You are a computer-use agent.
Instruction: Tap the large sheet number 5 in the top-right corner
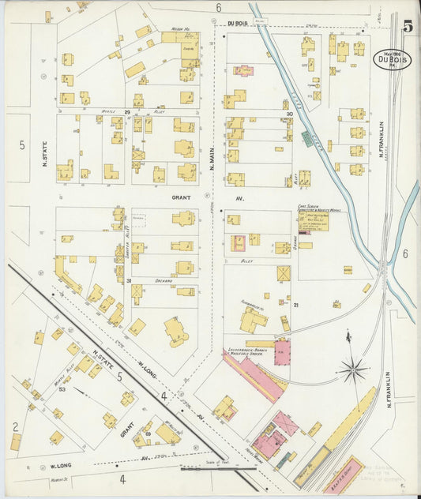coord(408,26)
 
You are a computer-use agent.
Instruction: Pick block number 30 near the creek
coord(290,114)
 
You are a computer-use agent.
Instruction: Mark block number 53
coord(61,389)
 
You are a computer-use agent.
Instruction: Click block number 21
coord(296,305)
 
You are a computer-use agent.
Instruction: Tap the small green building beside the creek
coord(306,139)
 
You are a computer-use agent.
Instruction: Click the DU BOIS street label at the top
coord(238,24)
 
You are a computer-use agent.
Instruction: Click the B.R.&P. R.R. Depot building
coord(344,475)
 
